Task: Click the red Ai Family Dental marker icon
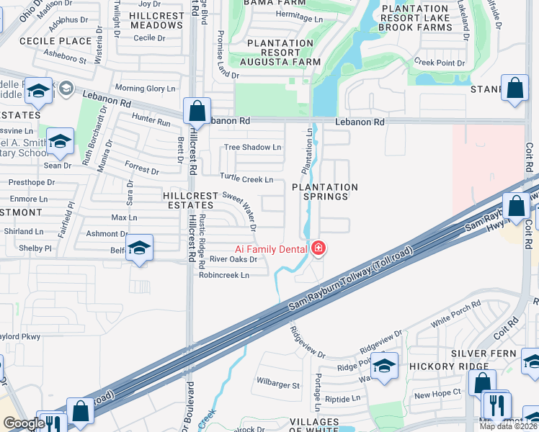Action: click(318, 248)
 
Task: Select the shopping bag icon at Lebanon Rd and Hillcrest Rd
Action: click(197, 112)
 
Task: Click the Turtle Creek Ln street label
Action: click(246, 179)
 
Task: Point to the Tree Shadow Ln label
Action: click(252, 148)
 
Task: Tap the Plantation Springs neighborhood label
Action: click(325, 192)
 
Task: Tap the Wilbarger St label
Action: click(278, 385)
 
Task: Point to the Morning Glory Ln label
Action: click(145, 89)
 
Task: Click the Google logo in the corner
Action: click(23, 423)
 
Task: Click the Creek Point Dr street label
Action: click(440, 63)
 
